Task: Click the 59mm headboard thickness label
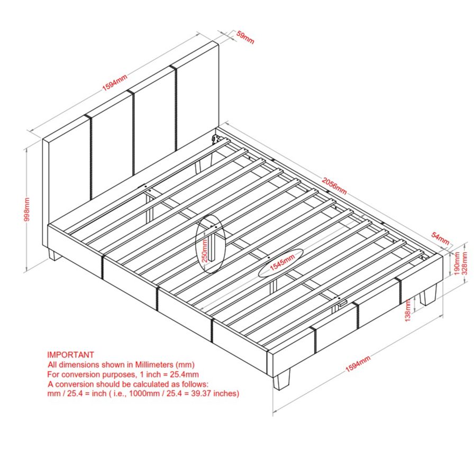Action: point(245,37)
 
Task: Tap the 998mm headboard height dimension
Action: point(27,209)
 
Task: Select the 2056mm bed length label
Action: point(334,186)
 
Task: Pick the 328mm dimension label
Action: point(465,263)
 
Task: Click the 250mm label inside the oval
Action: point(205,251)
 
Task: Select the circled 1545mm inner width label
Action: point(282,262)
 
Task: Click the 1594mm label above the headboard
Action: point(114,83)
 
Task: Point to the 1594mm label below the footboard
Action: point(358,364)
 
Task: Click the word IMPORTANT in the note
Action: point(70,354)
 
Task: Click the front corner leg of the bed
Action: point(281,379)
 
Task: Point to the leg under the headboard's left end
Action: point(54,254)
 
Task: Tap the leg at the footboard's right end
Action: point(428,295)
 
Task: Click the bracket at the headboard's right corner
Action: point(216,139)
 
